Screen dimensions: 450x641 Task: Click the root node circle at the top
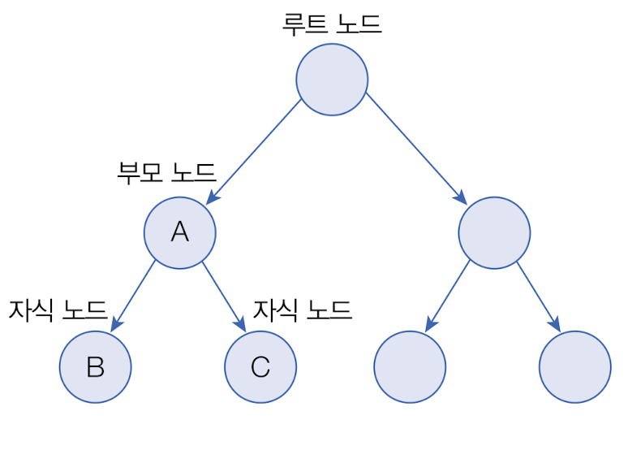(x=332, y=80)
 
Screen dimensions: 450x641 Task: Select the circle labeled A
(x=180, y=232)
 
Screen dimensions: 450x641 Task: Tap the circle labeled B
(x=95, y=367)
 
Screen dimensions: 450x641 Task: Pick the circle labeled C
(x=260, y=367)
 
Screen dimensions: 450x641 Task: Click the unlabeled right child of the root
(x=494, y=233)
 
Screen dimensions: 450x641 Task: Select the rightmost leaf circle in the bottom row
(x=574, y=367)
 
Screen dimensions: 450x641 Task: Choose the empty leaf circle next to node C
(x=410, y=367)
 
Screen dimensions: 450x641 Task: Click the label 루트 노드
(x=332, y=23)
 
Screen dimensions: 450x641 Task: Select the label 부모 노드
(x=167, y=172)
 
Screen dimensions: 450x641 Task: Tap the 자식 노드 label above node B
(x=58, y=309)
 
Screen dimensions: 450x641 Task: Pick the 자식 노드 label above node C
(x=303, y=309)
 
